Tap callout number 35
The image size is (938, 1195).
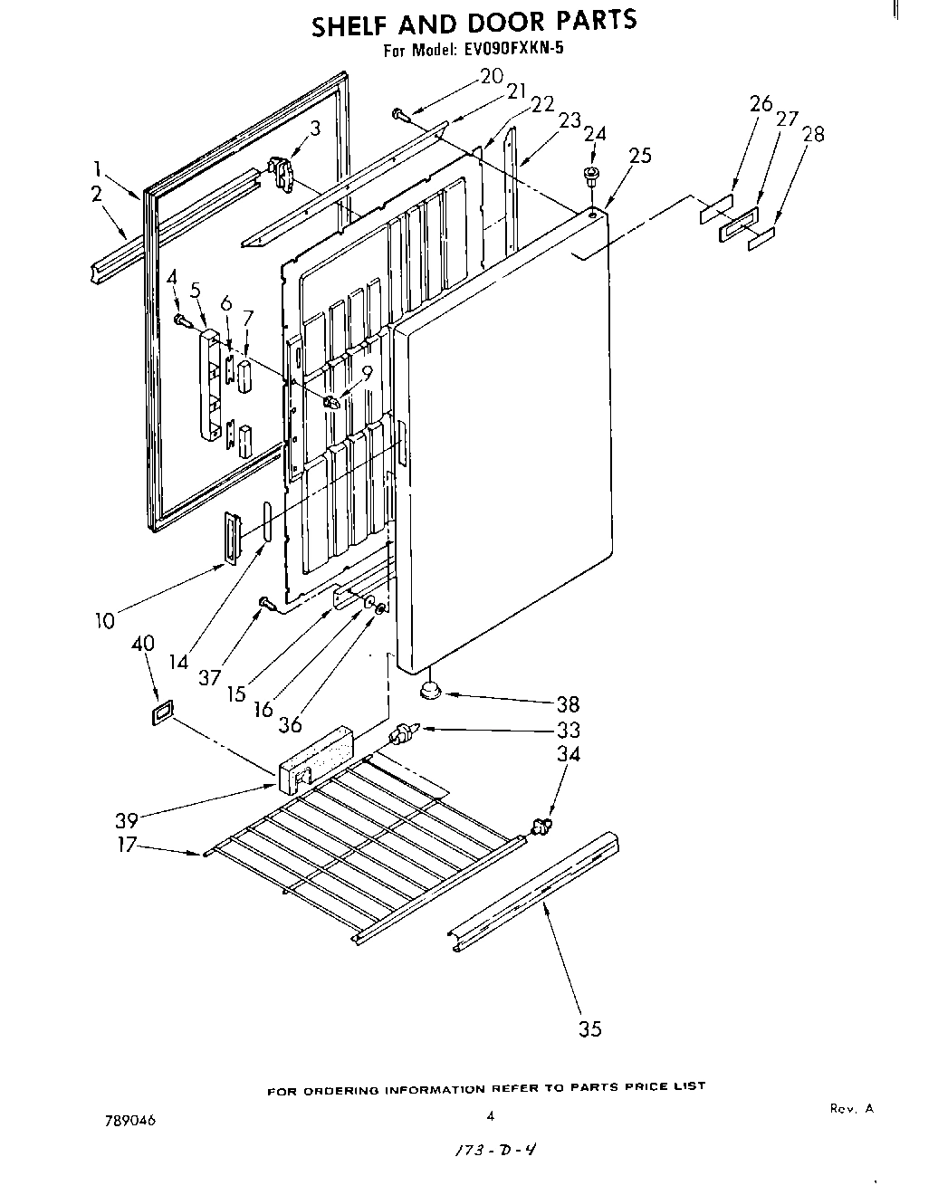point(589,1028)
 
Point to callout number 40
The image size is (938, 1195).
point(143,643)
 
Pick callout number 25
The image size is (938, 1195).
point(639,155)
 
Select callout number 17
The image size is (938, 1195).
point(127,845)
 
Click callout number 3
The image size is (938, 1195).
point(314,129)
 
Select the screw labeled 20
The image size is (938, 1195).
point(400,113)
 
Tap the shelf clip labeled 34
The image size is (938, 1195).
point(541,824)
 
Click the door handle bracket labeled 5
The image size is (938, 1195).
point(207,385)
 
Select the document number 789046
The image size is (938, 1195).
point(130,1120)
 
